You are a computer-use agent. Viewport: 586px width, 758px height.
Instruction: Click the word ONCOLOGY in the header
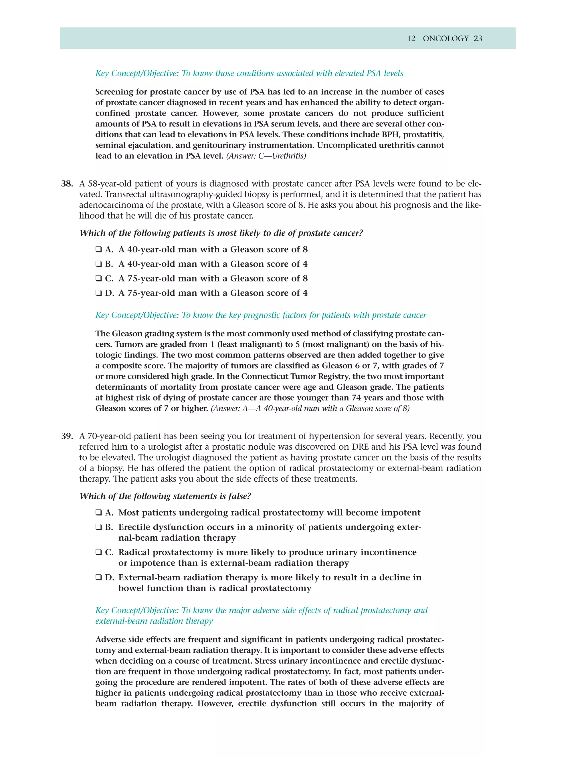tap(446, 39)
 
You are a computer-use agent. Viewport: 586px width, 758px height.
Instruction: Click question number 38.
tap(67, 184)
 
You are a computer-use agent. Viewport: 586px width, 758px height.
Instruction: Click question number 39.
tap(67, 436)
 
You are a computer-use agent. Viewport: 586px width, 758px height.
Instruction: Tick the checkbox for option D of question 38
tap(99, 293)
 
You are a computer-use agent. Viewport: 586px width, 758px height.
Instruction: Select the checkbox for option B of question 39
tap(99, 527)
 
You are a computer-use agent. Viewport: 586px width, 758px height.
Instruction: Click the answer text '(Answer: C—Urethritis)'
tap(266, 156)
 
